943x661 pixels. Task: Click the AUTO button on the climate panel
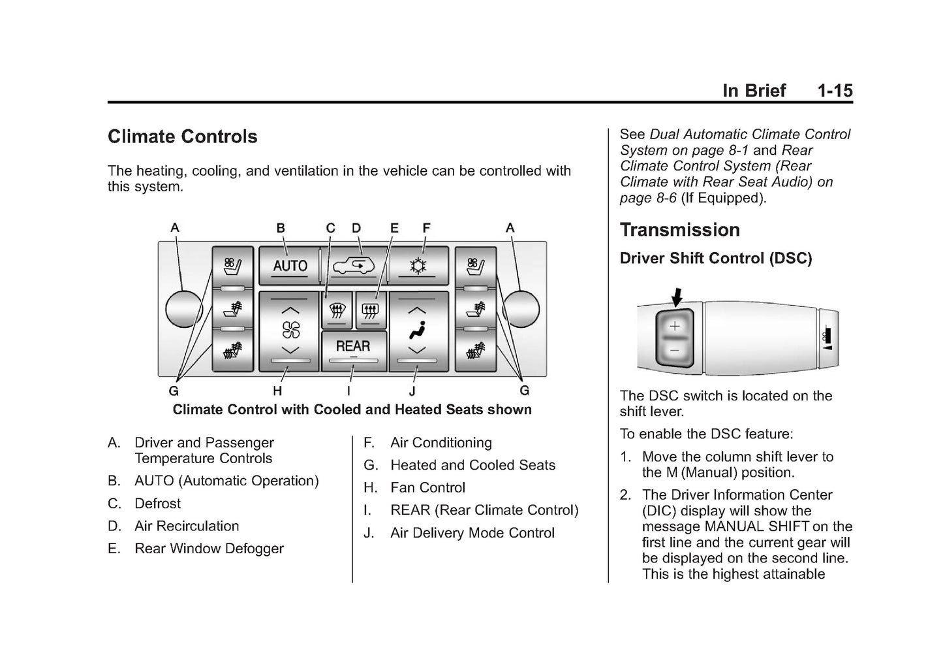(289, 265)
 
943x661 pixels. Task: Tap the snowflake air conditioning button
(418, 265)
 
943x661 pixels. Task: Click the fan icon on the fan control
(290, 330)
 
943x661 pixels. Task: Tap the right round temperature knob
(522, 309)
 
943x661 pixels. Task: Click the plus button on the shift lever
(675, 326)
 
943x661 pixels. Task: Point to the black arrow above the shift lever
(677, 297)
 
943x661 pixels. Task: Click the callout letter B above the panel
(281, 228)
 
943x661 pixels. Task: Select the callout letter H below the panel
(277, 391)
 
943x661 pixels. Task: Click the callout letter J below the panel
(412, 391)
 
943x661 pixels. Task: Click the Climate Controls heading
(183, 137)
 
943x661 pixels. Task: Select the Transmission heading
(679, 230)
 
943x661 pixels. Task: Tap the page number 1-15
(835, 91)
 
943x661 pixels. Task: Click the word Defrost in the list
(157, 504)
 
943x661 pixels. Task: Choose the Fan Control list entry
(427, 488)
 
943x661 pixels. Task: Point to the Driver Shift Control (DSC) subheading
(715, 259)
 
